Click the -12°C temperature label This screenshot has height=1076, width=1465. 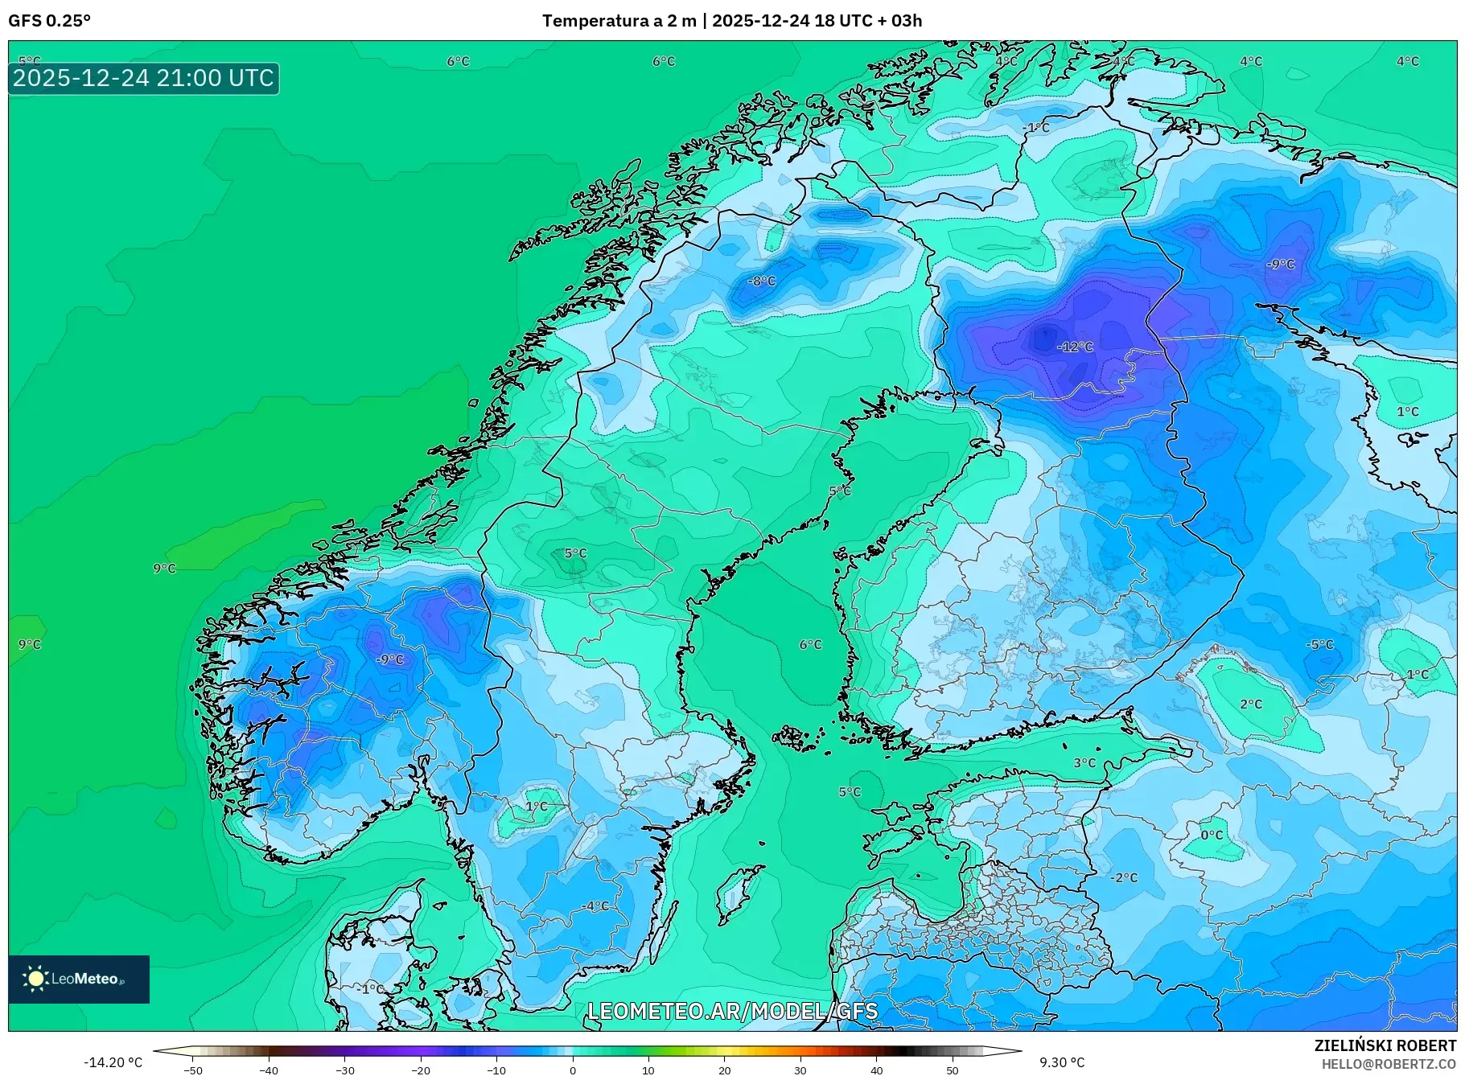[x=1075, y=347]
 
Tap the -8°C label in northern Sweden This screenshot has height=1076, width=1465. [x=761, y=281]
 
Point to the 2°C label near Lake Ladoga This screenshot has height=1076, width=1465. [x=1250, y=704]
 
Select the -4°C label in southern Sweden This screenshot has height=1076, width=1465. [x=595, y=906]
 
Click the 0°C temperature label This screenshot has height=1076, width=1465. [x=1212, y=835]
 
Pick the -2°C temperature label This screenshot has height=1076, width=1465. [x=1124, y=877]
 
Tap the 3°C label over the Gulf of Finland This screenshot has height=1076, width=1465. [x=1084, y=762]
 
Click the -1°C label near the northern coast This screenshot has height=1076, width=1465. [x=1036, y=128]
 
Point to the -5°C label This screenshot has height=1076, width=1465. [x=1319, y=644]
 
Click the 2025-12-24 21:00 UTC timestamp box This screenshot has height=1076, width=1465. [x=144, y=78]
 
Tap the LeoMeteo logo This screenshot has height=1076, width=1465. [x=79, y=979]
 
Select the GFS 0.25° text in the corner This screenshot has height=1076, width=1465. [x=49, y=21]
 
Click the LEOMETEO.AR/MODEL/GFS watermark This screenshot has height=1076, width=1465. [x=732, y=1011]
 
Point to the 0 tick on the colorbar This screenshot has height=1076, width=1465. [x=572, y=1070]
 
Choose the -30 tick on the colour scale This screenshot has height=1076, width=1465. [x=344, y=1070]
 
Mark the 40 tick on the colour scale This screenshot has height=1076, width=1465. [x=876, y=1070]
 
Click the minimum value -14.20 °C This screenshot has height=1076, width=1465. [x=113, y=1062]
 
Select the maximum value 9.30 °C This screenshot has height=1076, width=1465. [x=1061, y=1062]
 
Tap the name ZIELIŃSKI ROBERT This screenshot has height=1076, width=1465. [x=1385, y=1045]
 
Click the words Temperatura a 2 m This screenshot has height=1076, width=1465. [x=619, y=21]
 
